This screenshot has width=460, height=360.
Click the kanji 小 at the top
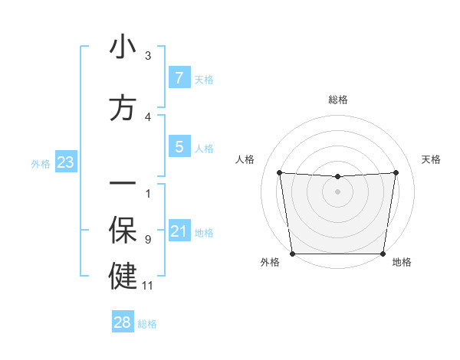click(123, 47)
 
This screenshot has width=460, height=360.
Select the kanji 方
click(123, 108)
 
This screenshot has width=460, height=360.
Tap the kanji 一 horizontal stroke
click(123, 183)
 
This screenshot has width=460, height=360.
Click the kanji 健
click(123, 277)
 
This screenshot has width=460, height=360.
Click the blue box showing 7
click(179, 77)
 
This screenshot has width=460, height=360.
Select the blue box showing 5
click(179, 146)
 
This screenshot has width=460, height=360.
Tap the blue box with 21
click(179, 231)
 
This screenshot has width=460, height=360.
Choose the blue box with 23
click(64, 162)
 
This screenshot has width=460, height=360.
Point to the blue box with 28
click(122, 322)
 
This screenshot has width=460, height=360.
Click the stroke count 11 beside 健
click(148, 286)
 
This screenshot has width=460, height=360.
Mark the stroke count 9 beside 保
click(148, 240)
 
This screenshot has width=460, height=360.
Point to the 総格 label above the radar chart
click(337, 100)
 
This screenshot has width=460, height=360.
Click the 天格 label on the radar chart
click(431, 159)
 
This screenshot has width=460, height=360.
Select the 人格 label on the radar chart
click(245, 159)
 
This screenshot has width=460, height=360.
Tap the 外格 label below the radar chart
click(270, 262)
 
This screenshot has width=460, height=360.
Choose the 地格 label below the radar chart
click(402, 262)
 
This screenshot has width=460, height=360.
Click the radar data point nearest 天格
click(396, 172)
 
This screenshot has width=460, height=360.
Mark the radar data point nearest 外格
click(292, 254)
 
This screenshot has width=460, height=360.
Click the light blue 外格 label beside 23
click(40, 162)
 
